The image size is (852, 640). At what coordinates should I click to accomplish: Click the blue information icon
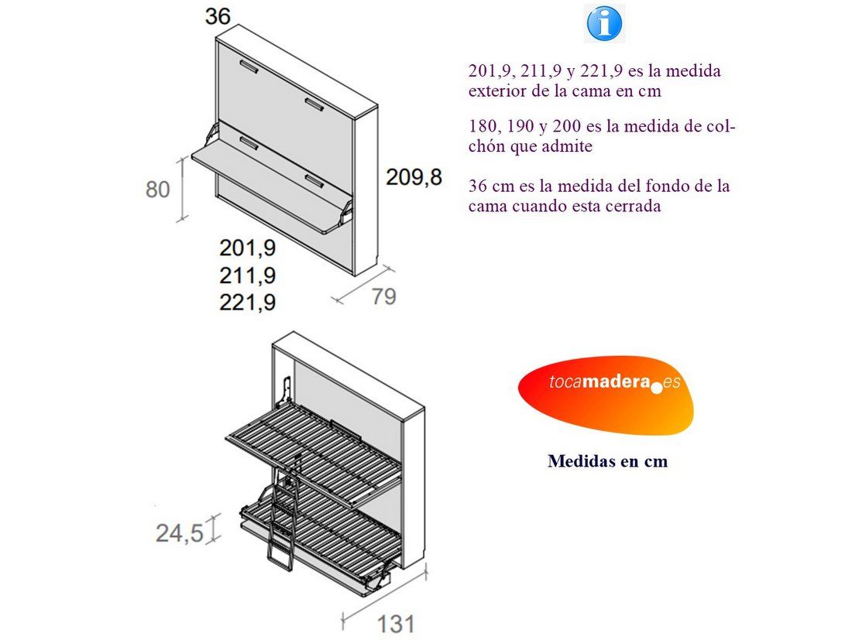click(604, 23)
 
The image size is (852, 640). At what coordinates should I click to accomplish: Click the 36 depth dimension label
click(218, 16)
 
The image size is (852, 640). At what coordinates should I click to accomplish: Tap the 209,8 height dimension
click(414, 177)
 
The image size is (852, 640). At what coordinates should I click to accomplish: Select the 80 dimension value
click(157, 190)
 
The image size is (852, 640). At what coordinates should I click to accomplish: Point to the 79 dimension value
click(383, 296)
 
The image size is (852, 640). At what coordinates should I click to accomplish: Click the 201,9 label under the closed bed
click(248, 248)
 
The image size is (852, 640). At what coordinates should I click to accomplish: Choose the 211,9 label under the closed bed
click(248, 276)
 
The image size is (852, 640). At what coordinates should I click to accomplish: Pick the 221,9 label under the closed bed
click(248, 303)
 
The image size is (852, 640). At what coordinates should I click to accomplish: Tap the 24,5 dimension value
click(180, 533)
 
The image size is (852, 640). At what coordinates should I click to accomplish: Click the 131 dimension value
click(396, 625)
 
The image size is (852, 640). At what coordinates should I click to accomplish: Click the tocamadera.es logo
click(606, 395)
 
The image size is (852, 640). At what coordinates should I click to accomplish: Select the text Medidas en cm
click(607, 461)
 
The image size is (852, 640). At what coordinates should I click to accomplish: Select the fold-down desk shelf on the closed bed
click(273, 187)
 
